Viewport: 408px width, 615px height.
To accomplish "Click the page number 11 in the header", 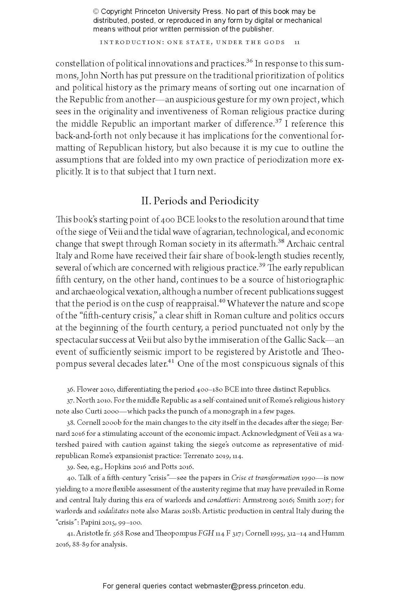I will tap(297, 42).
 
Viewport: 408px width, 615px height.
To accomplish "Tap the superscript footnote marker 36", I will tap(249, 61).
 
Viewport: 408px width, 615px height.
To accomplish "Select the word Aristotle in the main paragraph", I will tap(285, 352).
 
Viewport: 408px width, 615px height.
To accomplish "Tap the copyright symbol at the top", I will tap(96, 11).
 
